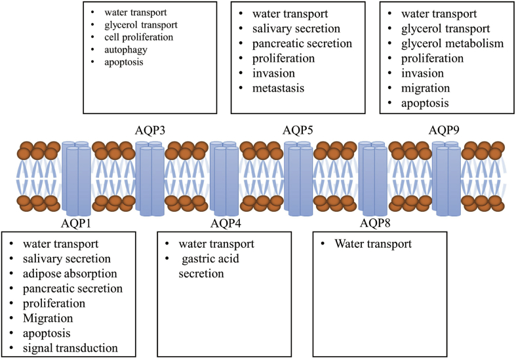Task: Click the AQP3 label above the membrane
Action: (x=150, y=129)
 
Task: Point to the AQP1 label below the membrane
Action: (x=77, y=224)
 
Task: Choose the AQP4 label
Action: (x=226, y=224)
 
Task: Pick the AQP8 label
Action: (x=374, y=224)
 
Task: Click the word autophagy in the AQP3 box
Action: (x=117, y=50)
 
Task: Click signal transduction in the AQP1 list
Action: (x=69, y=348)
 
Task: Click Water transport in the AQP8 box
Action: (x=373, y=244)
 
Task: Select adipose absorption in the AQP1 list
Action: (x=69, y=273)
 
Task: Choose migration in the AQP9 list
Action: (x=426, y=88)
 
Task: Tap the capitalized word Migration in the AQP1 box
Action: (x=45, y=319)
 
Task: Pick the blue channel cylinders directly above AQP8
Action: (x=374, y=180)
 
